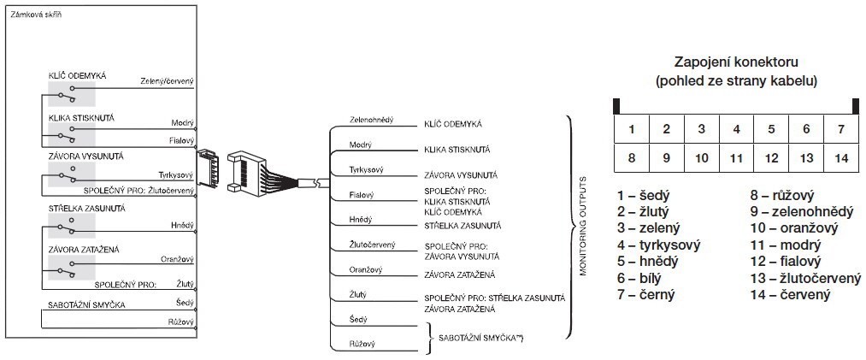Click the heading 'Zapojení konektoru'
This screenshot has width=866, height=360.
click(x=735, y=63)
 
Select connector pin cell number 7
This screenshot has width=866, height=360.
click(x=841, y=130)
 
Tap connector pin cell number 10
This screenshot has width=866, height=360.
click(x=701, y=158)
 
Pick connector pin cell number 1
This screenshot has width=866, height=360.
click(x=631, y=130)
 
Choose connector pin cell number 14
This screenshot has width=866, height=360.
click(x=841, y=158)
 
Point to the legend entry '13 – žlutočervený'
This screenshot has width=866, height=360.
click(x=805, y=278)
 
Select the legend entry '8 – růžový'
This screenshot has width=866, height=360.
click(x=781, y=197)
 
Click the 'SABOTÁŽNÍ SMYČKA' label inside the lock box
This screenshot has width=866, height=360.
click(x=87, y=304)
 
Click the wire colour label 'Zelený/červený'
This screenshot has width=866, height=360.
click(x=168, y=82)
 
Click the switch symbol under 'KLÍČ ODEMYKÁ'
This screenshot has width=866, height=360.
click(x=70, y=92)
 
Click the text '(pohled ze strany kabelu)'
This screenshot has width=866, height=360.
click(x=735, y=81)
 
